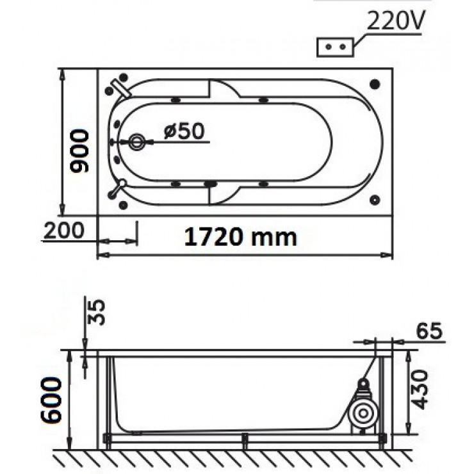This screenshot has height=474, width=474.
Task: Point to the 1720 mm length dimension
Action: (x=241, y=237)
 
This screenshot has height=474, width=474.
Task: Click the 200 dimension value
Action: (x=64, y=229)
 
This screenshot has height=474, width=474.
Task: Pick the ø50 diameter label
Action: (x=183, y=131)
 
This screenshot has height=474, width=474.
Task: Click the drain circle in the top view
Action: (x=136, y=142)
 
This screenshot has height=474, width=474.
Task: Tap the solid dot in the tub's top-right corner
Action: (x=375, y=84)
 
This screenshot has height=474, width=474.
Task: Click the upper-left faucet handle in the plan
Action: (x=120, y=87)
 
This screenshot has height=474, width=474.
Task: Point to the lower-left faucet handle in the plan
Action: (x=117, y=188)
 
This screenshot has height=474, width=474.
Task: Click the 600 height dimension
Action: (x=52, y=398)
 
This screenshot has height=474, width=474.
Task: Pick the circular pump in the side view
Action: (x=363, y=414)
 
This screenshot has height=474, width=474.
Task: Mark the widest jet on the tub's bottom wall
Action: (x=210, y=184)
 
